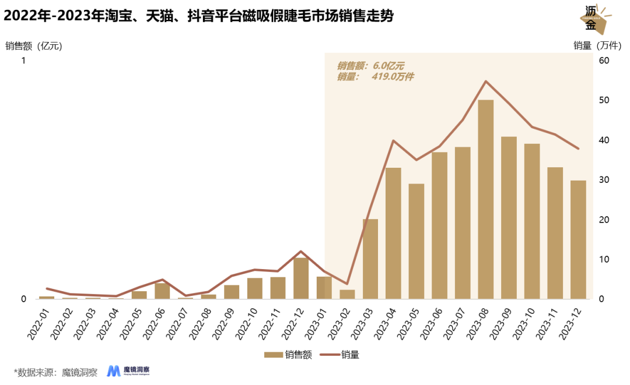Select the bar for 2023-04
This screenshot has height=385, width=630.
393,233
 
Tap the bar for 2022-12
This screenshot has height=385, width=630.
301,278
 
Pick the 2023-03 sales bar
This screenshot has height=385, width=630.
370,259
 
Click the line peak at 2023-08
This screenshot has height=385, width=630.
486,81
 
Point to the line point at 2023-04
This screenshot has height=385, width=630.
393,140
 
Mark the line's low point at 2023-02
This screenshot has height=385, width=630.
347,284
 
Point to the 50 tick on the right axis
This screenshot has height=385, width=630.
604,100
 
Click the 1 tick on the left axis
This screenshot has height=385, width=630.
23,61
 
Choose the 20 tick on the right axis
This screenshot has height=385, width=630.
604,220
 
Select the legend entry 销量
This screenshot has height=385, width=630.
342,355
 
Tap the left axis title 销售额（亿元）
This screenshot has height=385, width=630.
33,46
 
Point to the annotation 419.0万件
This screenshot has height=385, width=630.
392,77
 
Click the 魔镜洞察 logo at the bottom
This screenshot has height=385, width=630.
129,371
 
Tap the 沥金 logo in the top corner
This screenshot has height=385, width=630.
596,19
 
